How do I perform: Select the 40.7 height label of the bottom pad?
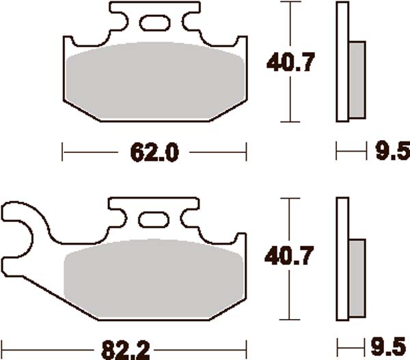290,257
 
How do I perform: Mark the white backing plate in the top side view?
342,61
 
